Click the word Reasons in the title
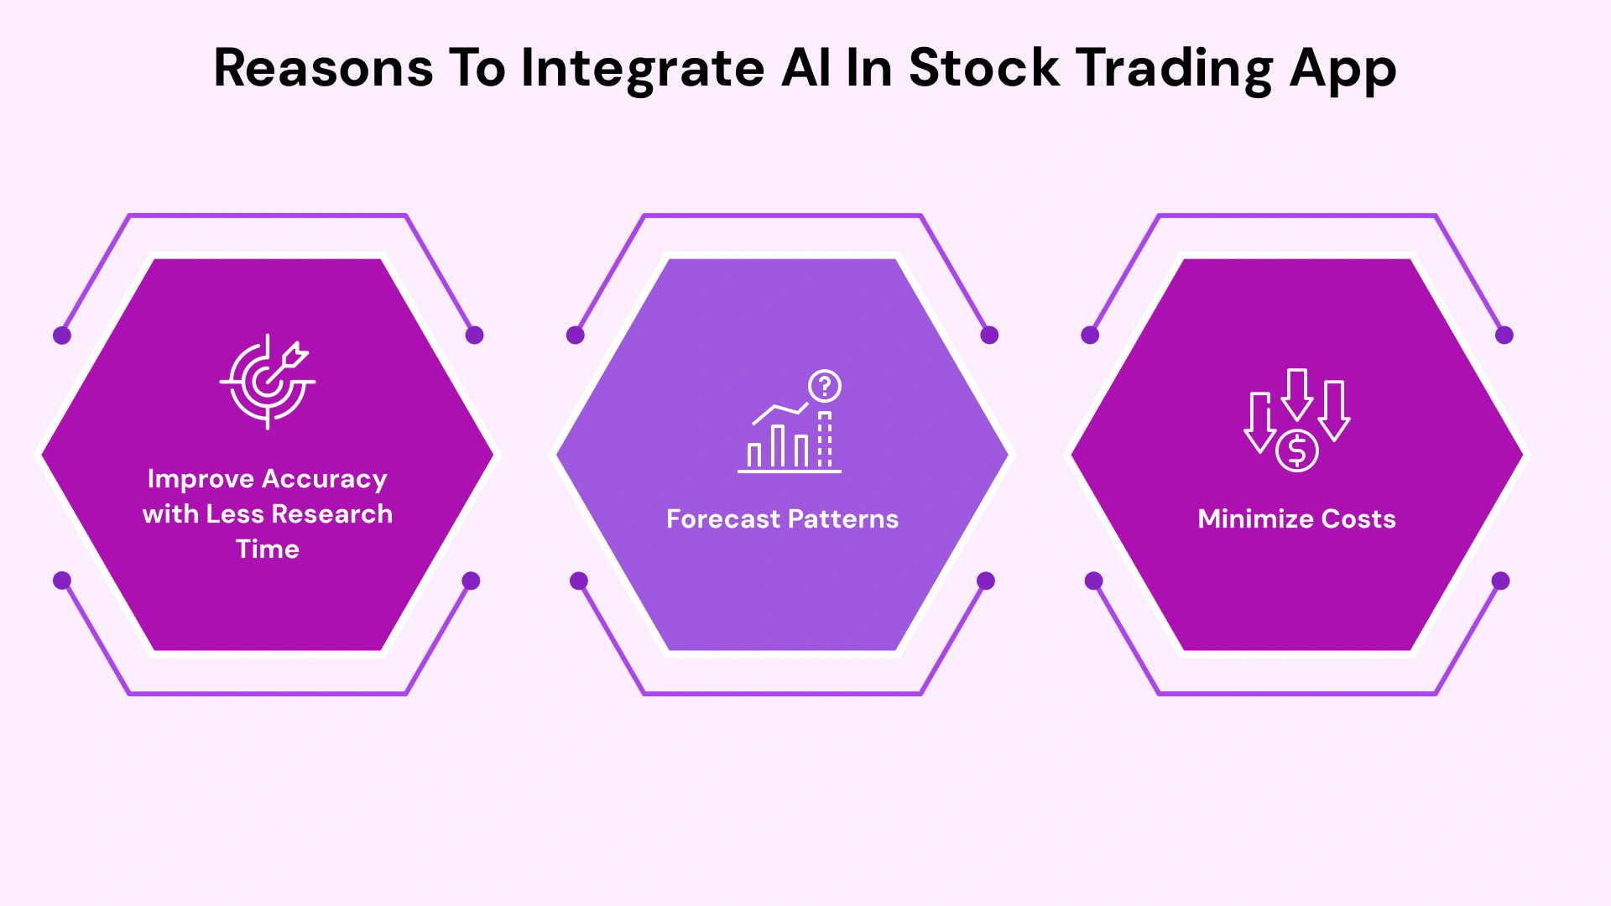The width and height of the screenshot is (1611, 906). pyautogui.click(x=323, y=68)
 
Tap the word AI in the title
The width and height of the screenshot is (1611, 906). pyautogui.click(x=805, y=68)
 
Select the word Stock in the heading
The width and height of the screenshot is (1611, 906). pyautogui.click(x=983, y=68)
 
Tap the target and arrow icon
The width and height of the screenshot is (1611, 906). pyautogui.click(x=268, y=382)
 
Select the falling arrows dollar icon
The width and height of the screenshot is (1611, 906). pyautogui.click(x=1296, y=419)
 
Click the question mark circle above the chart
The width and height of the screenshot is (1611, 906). pyautogui.click(x=825, y=387)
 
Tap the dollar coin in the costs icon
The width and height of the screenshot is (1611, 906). pyautogui.click(x=1297, y=451)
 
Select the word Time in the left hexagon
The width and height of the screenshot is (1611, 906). pyautogui.click(x=268, y=549)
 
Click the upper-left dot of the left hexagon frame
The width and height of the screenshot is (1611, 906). pyautogui.click(x=62, y=336)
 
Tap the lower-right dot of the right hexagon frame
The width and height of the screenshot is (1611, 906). pyautogui.click(x=1500, y=581)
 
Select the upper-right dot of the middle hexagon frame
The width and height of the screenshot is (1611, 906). pyautogui.click(x=989, y=336)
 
